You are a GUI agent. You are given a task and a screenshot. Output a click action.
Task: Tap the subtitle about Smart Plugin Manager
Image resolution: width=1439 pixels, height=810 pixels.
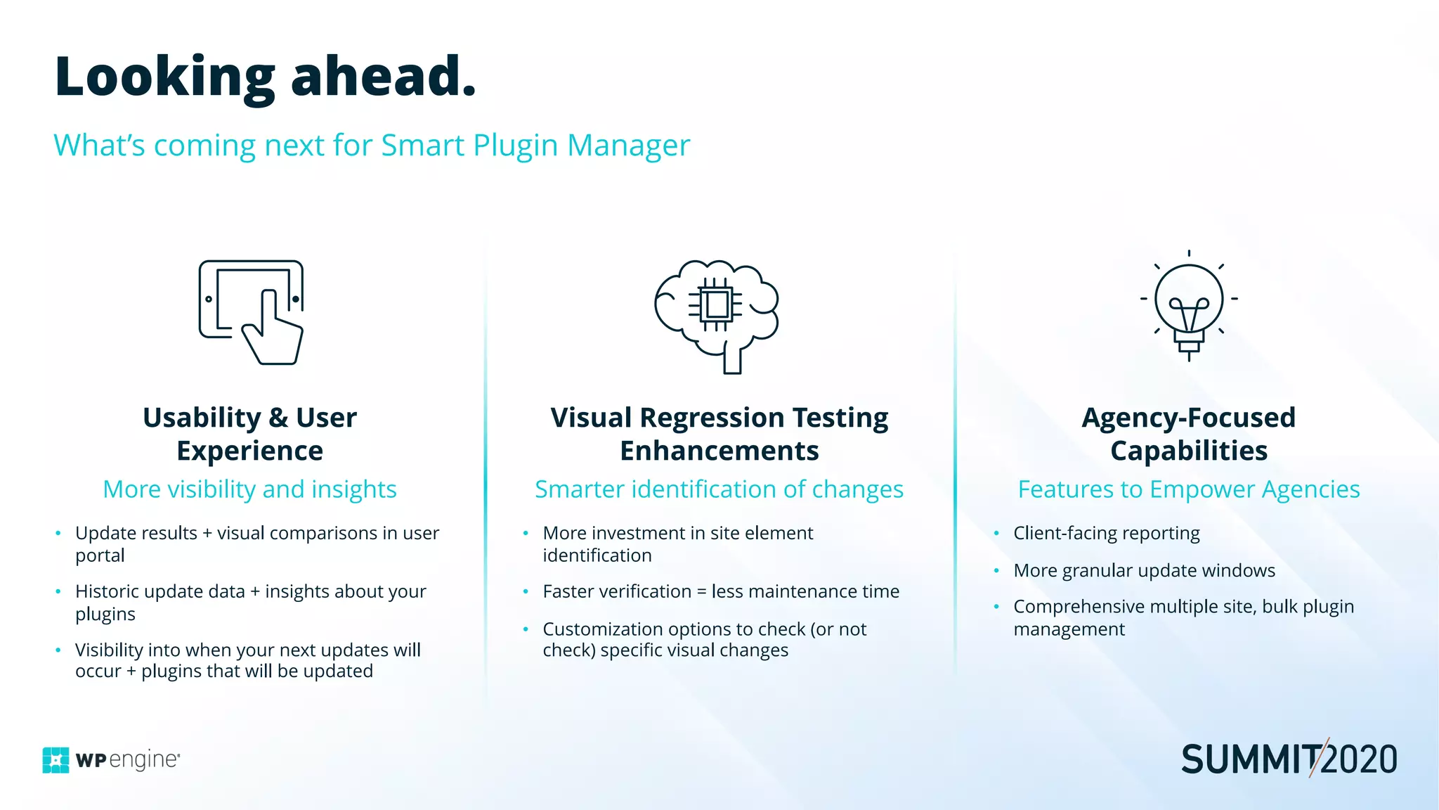coord(372,146)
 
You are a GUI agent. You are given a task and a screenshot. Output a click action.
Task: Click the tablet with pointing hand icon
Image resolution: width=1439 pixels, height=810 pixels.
coord(252,311)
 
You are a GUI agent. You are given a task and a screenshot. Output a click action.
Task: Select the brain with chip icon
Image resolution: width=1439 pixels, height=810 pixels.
coord(717,314)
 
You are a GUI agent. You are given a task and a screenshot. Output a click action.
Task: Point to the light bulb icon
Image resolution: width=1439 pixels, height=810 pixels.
coord(1188,306)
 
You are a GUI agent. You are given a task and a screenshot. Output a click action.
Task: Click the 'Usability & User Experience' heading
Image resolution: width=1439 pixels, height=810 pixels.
coord(250,434)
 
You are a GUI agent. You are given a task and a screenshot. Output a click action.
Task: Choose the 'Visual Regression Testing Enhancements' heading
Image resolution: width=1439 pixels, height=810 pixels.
coord(719,434)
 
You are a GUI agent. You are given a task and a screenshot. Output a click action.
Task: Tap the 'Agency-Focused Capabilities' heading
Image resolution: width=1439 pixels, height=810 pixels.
coord(1188,434)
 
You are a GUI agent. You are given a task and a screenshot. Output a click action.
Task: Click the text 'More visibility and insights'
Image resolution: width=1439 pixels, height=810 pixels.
coord(249,489)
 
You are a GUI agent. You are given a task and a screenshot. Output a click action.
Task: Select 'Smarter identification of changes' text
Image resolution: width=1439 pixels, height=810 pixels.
coord(719,489)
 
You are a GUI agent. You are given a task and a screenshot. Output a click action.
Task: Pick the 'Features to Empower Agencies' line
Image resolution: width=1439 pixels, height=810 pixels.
coord(1188,489)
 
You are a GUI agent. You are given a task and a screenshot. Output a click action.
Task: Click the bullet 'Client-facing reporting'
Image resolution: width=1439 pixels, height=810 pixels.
coord(1106,533)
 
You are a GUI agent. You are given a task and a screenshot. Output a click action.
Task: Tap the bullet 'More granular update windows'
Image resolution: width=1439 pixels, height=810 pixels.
coord(1144,570)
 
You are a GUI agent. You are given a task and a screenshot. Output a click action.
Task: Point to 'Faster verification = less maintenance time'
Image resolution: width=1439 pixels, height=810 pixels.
coord(720,591)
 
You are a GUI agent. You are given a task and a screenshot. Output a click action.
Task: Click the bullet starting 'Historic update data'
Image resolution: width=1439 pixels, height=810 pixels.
coord(250,603)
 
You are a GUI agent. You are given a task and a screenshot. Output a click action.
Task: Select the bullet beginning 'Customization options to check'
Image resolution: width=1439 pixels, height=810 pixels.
coord(704,639)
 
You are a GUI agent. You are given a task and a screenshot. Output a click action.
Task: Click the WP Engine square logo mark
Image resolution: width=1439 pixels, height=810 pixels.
coord(56,760)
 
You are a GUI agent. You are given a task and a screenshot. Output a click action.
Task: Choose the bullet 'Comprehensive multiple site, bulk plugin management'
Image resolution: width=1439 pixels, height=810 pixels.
coord(1183,617)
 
